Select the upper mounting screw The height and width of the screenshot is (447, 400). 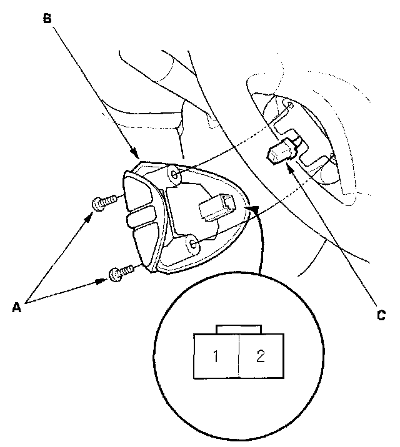(x=103, y=202)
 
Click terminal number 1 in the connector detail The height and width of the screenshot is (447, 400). (x=215, y=357)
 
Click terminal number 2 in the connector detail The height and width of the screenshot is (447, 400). (x=261, y=357)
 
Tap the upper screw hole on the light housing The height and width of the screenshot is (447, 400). (x=175, y=177)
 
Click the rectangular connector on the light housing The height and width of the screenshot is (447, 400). (x=216, y=207)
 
